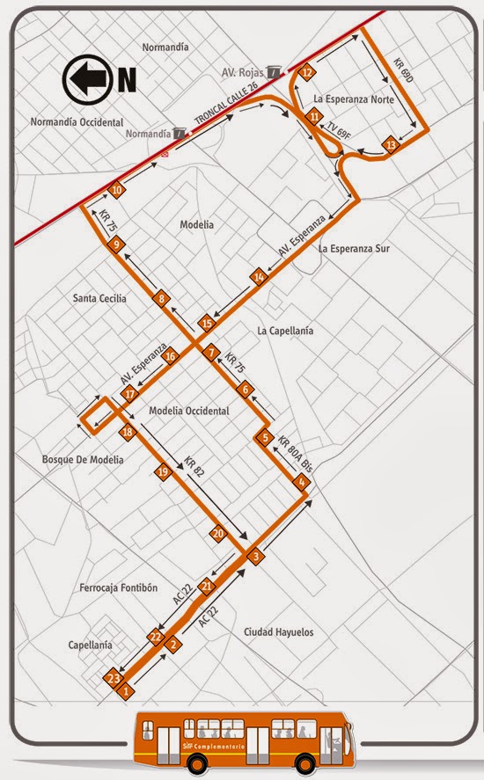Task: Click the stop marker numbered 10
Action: (x=117, y=190)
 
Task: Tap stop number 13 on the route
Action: (x=391, y=145)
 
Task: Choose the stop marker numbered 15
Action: (x=207, y=324)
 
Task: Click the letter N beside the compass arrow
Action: (x=128, y=81)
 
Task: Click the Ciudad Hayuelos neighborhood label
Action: (x=278, y=632)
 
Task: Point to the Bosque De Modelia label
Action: (x=83, y=460)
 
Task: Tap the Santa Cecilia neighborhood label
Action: (x=99, y=299)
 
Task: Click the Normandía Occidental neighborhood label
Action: (x=77, y=122)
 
